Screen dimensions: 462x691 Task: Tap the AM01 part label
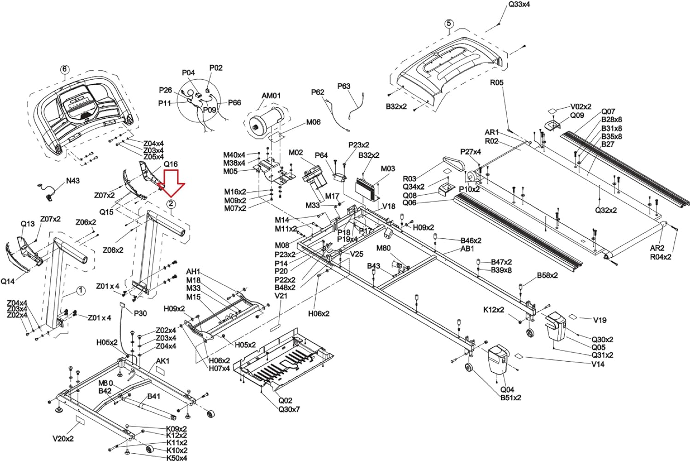tap(271, 96)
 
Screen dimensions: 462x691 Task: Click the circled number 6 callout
tap(64, 69)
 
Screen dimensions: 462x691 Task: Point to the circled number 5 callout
tap(449, 24)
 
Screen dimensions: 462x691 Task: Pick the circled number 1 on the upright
tap(81, 290)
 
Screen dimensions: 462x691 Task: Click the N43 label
tap(72, 181)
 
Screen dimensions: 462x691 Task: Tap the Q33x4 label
tap(519, 5)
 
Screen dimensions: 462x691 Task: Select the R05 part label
tap(497, 83)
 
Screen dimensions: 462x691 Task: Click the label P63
tap(344, 86)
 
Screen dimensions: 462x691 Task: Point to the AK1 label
tap(163, 361)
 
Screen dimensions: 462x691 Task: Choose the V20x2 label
tap(63, 439)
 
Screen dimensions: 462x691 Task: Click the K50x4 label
tap(176, 458)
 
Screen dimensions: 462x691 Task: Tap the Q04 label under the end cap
tap(507, 389)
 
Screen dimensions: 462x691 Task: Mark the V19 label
tap(599, 320)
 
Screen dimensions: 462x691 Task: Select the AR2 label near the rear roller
tap(657, 248)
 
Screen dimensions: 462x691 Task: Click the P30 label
tap(140, 313)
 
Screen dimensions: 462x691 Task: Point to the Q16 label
tap(170, 164)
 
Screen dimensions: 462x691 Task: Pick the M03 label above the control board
tap(388, 169)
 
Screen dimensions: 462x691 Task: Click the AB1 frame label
tap(467, 248)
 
